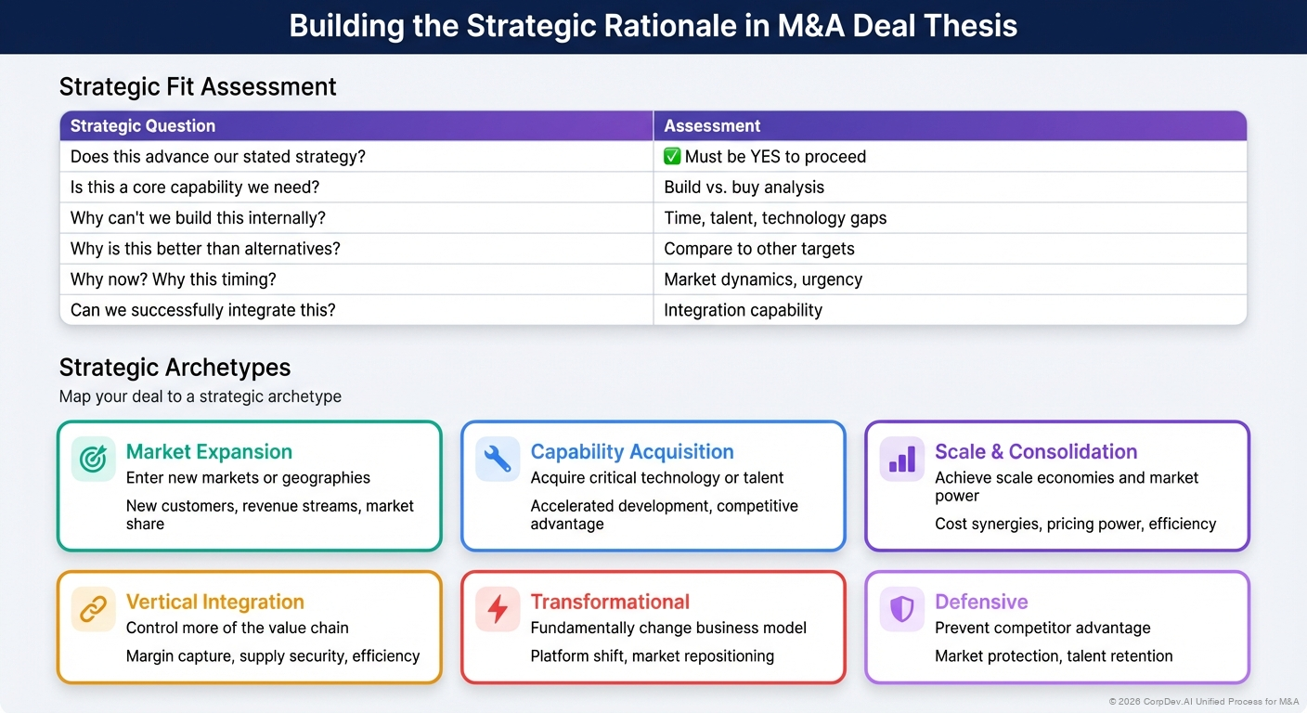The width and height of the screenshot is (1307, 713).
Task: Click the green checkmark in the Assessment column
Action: click(673, 157)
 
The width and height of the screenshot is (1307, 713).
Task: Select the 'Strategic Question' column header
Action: click(143, 126)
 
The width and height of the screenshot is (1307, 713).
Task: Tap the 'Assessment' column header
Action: click(712, 126)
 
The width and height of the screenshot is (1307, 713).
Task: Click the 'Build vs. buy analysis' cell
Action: click(744, 188)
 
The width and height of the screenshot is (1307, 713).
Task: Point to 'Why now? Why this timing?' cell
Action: click(174, 279)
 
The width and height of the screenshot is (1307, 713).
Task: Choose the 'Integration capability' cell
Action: click(743, 310)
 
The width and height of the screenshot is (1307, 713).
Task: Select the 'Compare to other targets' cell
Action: click(758, 249)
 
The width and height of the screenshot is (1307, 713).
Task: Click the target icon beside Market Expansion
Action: click(94, 459)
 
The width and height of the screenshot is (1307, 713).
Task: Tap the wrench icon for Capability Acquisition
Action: click(498, 459)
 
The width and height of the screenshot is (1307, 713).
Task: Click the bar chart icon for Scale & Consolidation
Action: click(902, 459)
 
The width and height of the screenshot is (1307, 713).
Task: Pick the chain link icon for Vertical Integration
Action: click(94, 609)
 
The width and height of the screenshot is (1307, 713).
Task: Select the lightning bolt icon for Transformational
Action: click(498, 609)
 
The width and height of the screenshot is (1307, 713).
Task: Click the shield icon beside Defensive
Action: click(902, 609)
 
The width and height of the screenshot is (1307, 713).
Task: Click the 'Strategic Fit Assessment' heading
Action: click(198, 87)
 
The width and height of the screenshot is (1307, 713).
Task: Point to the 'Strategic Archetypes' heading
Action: click(175, 368)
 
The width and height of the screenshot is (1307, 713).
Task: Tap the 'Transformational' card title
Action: click(610, 602)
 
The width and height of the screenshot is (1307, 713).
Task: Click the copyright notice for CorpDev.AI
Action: click(1203, 702)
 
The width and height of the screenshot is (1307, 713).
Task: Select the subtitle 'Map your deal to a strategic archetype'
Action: click(201, 396)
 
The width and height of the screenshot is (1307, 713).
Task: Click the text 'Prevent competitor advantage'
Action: click(1042, 629)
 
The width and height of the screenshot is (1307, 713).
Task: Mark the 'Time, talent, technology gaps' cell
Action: click(775, 218)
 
